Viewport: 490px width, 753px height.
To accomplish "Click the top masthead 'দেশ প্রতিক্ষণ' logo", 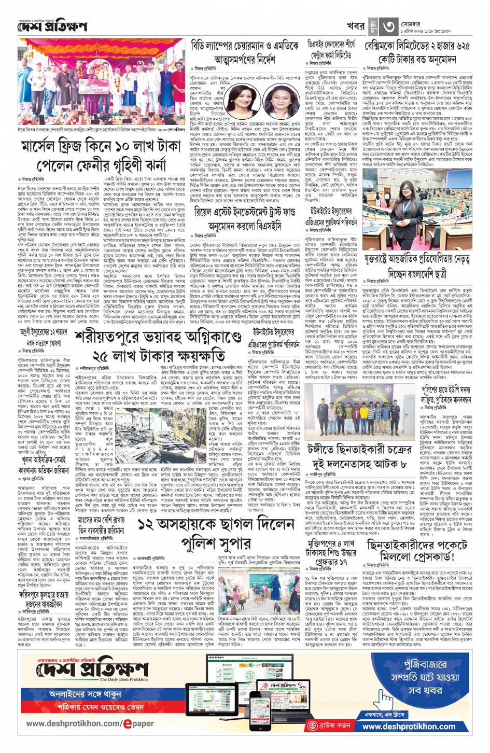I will [x=52, y=26].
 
